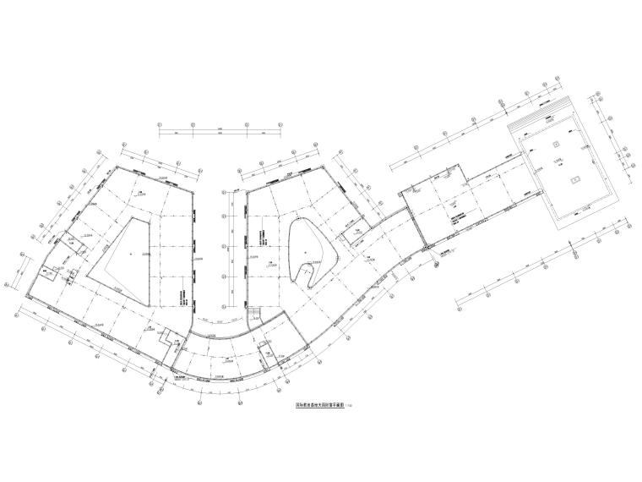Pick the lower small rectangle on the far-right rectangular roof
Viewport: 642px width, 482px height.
[574, 178]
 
